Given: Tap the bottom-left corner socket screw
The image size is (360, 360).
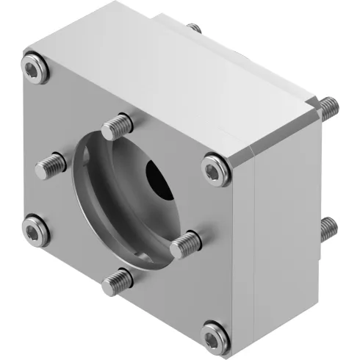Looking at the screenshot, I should click(35, 231).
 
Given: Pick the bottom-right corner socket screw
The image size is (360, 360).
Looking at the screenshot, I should click(214, 335).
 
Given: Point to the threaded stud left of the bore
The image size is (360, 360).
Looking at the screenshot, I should click(50, 166).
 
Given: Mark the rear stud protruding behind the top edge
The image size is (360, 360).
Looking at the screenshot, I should click(194, 29).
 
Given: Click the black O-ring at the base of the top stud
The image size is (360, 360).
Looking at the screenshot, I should click(112, 136).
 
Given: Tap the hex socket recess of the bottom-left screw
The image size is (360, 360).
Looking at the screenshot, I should click(35, 231).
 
